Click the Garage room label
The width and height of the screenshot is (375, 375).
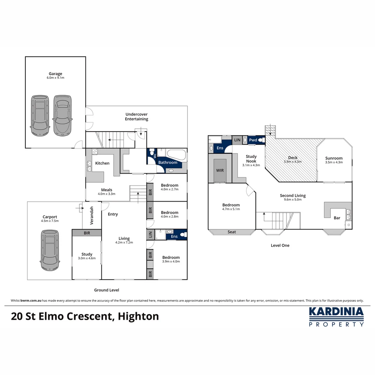coord(55,74)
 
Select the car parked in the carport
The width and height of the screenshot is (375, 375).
coord(50,250)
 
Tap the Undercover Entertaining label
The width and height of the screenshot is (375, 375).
coord(136,116)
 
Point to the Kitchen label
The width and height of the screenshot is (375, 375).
coord(102,163)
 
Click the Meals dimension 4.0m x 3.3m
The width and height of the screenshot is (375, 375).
coord(106,194)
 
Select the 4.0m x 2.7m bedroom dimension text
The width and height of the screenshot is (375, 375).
coord(169,190)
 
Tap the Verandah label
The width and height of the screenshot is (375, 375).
coord(92,215)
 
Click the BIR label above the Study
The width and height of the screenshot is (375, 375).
coord(87,233)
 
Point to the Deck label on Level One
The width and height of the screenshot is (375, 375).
coord(293,157)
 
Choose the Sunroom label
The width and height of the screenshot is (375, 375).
coord(334,158)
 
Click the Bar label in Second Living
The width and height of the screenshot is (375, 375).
coord(337,218)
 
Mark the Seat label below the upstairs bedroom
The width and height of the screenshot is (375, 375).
coord(232,232)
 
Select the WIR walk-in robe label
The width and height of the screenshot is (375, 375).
coord(220,171)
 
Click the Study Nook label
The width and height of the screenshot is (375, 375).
coord(251,159)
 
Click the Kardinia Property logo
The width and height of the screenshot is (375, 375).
coord(336,316)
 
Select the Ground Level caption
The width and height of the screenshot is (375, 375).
coord(107,290)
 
